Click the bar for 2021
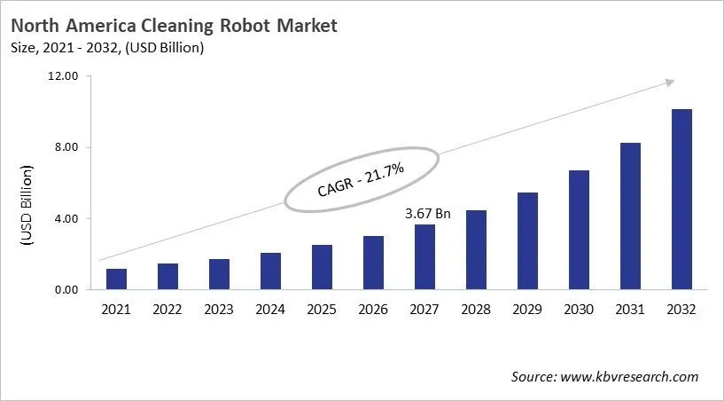116,279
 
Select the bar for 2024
270,271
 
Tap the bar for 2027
424,256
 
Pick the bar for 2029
527,240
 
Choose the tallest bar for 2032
681,200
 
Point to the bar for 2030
579,230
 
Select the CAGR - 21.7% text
362,180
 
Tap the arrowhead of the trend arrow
669,83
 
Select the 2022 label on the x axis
167,310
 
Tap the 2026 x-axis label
373,310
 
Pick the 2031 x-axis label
630,310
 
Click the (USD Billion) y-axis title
27,206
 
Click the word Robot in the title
231,26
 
